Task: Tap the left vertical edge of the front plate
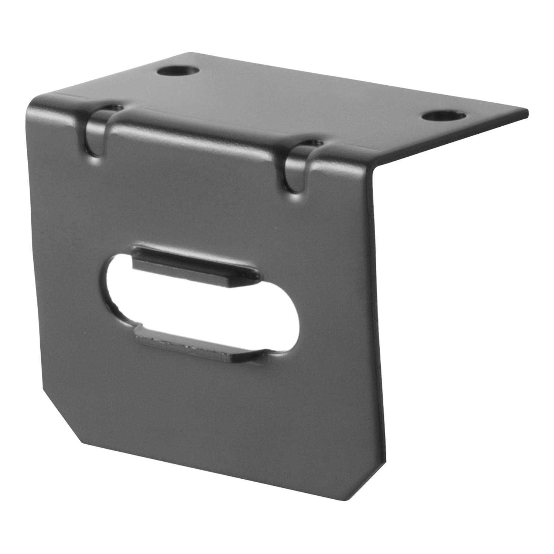click(x=39, y=259)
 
